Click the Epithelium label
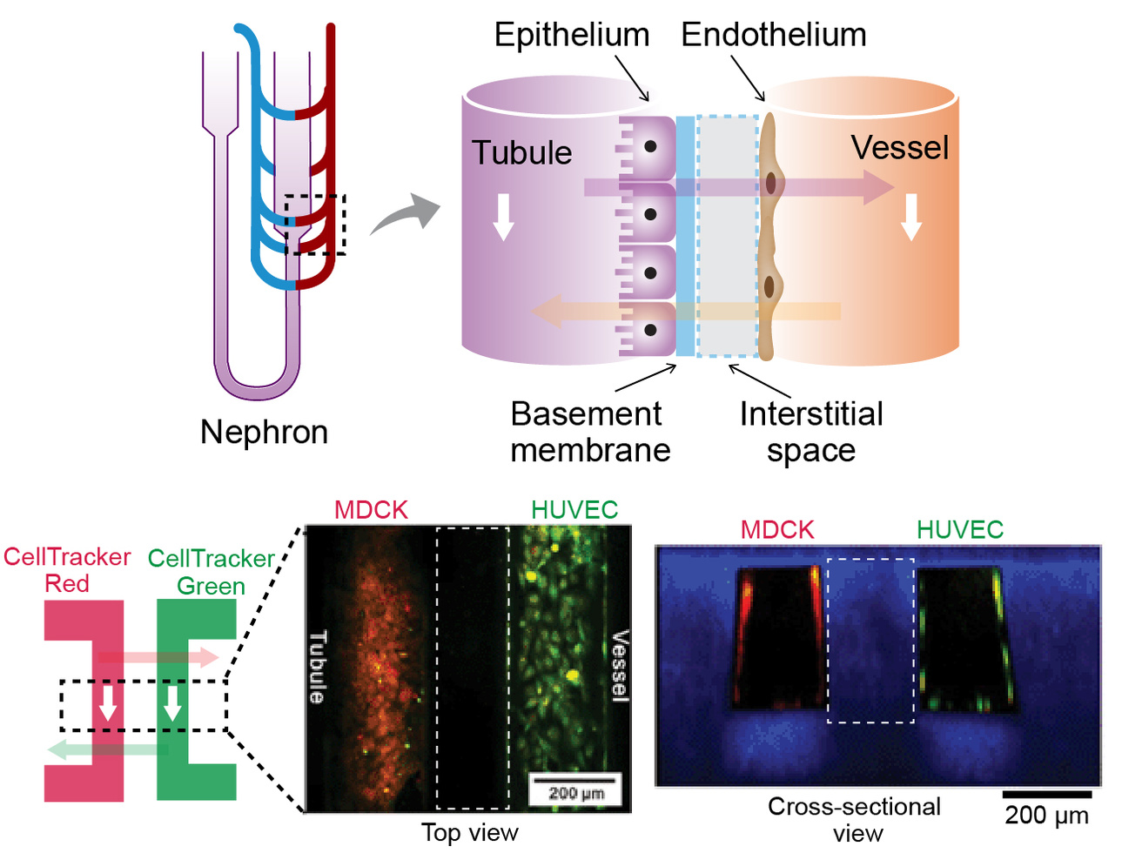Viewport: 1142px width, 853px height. click(x=572, y=36)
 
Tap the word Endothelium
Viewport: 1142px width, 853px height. click(x=773, y=36)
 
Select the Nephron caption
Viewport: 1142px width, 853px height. click(x=264, y=432)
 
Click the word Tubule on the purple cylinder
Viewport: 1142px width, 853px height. click(x=521, y=152)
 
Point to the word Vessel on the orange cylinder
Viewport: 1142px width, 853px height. click(x=899, y=148)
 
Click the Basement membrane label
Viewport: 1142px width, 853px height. click(x=589, y=432)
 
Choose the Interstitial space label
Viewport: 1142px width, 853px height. click(x=811, y=432)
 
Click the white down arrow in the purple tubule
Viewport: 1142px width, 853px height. click(x=504, y=217)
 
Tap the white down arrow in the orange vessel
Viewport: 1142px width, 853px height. click(x=911, y=217)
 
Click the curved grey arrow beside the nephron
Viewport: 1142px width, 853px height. click(x=406, y=215)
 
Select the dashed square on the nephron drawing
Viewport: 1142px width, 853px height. click(x=315, y=225)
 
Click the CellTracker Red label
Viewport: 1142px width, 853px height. click(x=67, y=570)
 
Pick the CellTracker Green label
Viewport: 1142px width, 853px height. click(x=212, y=572)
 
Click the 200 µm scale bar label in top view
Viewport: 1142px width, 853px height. click(x=575, y=793)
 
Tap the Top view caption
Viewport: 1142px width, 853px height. click(x=470, y=833)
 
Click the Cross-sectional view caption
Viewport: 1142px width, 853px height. click(x=855, y=820)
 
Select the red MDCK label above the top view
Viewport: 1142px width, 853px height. click(x=371, y=510)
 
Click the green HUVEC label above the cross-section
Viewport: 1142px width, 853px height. click(x=959, y=529)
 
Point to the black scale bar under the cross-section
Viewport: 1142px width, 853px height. click(x=1046, y=794)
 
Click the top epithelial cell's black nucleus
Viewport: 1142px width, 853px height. click(x=649, y=147)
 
